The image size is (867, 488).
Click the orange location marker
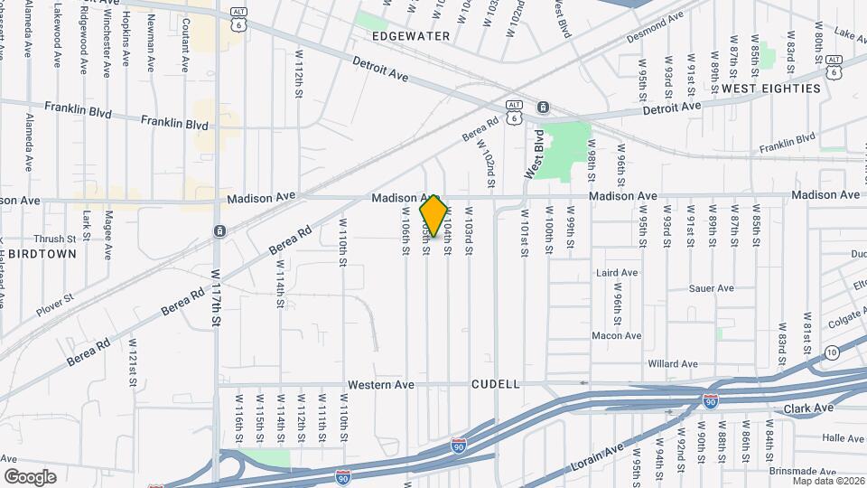434,216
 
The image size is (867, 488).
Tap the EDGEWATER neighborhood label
410,36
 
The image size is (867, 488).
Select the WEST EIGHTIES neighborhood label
771,89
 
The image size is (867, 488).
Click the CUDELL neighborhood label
496,384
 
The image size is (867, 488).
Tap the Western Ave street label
384,384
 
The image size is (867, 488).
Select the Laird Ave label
617,272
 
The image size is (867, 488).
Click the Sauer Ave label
712,288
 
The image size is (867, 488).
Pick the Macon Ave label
616,336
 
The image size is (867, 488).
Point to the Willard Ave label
674,364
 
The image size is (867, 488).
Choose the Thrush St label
51,239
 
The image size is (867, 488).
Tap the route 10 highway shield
832,352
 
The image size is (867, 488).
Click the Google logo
30,476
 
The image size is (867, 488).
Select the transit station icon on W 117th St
219,231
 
